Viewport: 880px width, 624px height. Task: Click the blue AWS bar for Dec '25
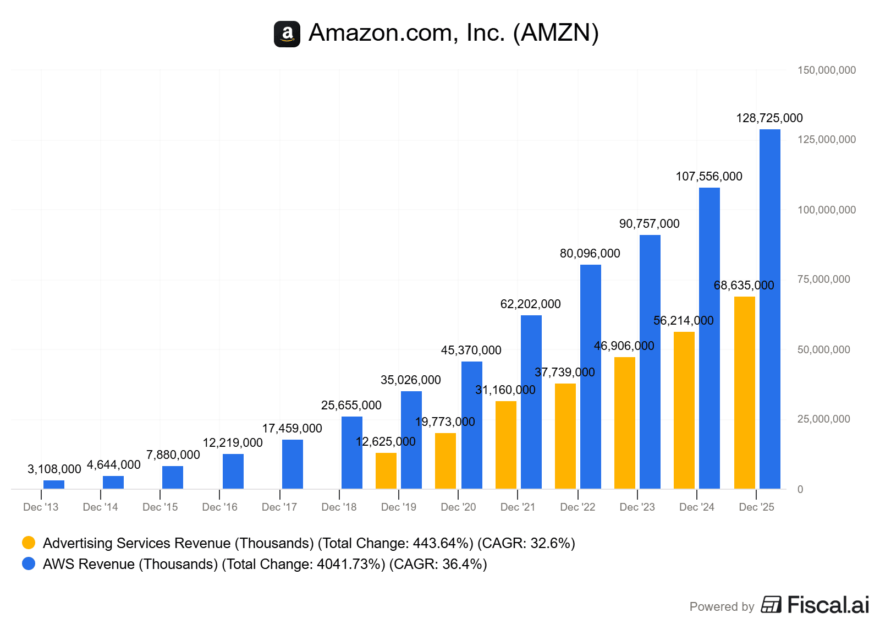click(769, 309)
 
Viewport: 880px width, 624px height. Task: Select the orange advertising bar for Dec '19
click(386, 470)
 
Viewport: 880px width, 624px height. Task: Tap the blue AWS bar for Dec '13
click(54, 484)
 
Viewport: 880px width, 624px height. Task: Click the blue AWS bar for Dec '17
click(292, 464)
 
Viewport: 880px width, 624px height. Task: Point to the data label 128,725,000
click(769, 118)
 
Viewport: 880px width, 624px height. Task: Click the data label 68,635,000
click(744, 285)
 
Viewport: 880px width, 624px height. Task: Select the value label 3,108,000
click(54, 469)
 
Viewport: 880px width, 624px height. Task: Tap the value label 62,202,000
click(530, 304)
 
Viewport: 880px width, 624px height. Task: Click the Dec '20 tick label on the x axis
click(458, 507)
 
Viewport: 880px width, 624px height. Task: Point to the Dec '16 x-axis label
click(219, 507)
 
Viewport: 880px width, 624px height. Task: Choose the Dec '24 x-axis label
click(696, 507)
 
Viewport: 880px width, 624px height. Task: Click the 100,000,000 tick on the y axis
click(826, 210)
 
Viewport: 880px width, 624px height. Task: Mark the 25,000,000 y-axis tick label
click(823, 419)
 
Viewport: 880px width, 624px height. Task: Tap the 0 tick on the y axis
click(800, 489)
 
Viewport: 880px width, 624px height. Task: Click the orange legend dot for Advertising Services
click(29, 543)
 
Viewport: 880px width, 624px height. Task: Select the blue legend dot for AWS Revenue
click(29, 563)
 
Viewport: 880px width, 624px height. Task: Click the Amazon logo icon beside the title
click(287, 34)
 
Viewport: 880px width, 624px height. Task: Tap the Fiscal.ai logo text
click(828, 605)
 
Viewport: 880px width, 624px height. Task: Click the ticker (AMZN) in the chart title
click(555, 32)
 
